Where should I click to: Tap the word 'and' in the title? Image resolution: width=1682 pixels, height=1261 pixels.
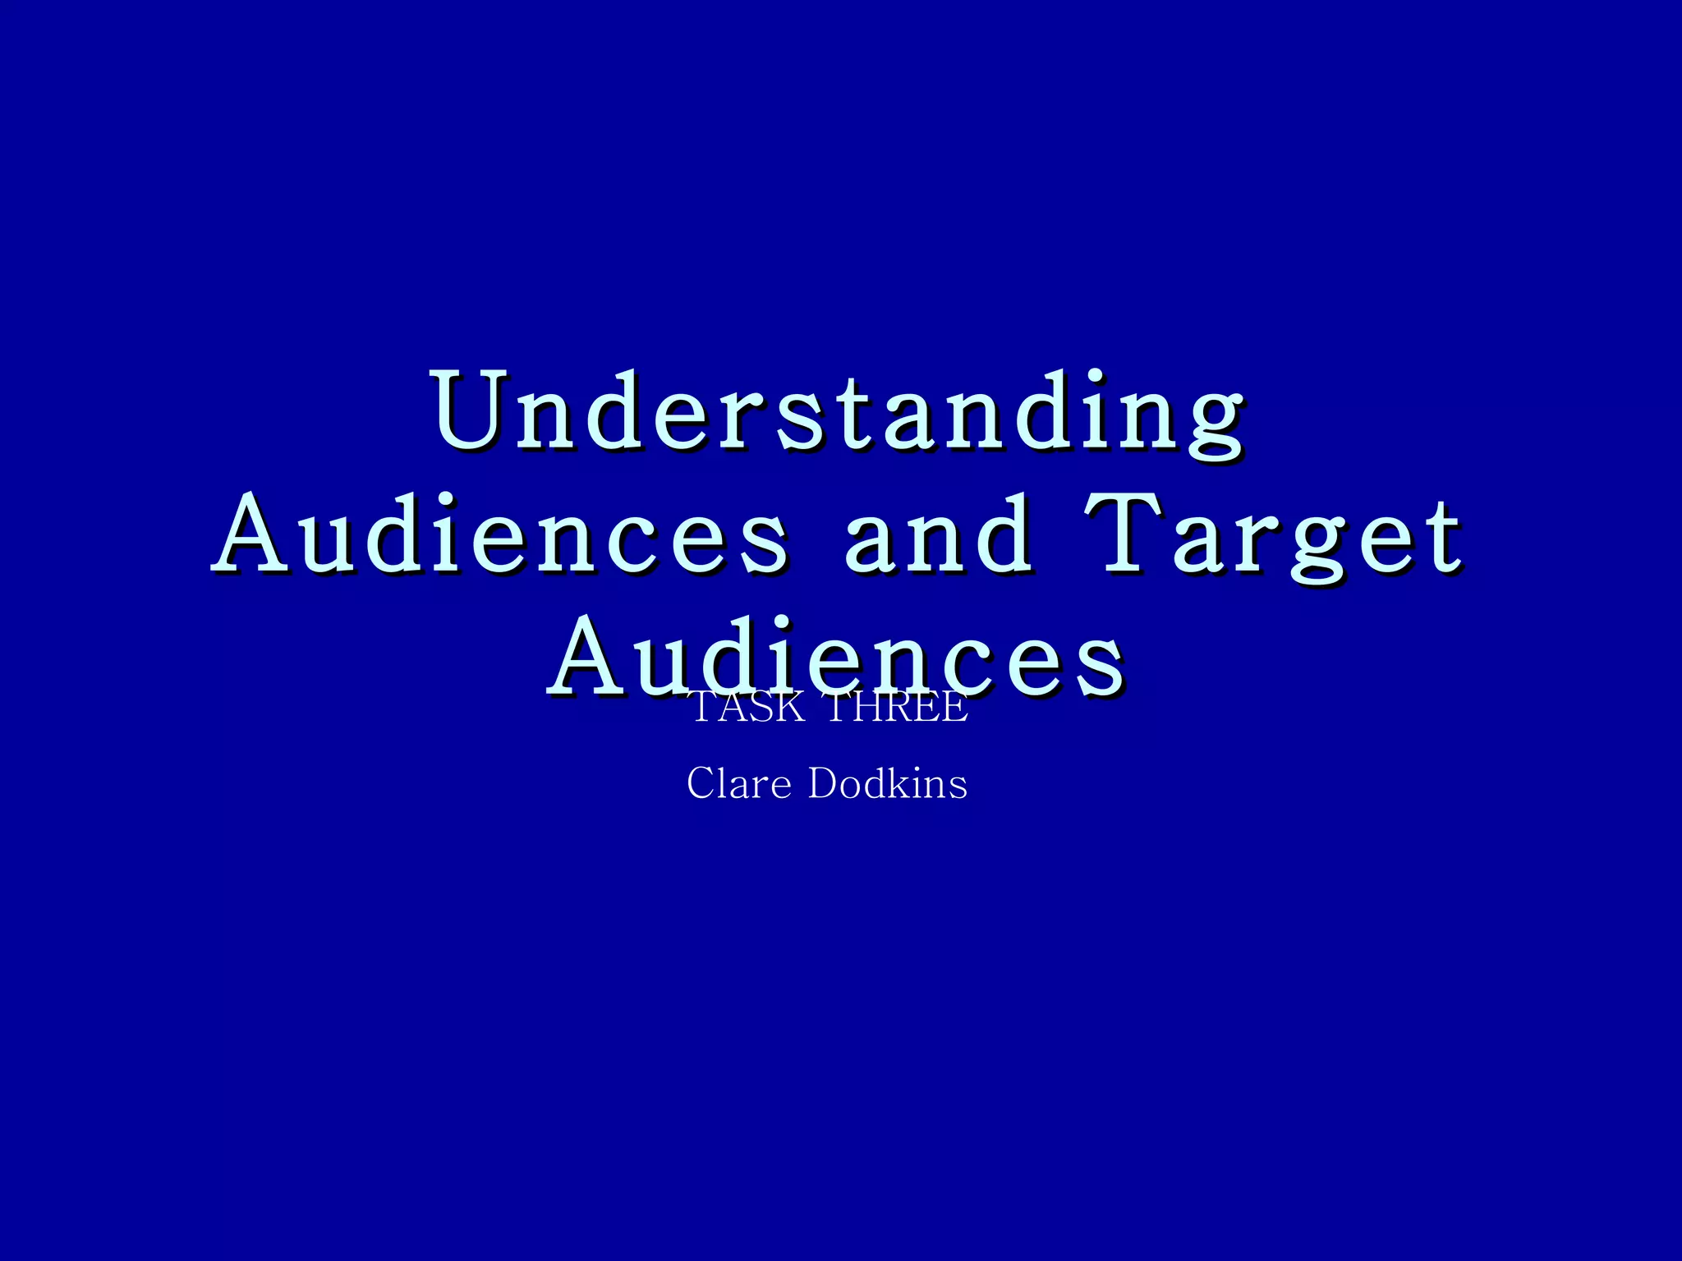point(939,535)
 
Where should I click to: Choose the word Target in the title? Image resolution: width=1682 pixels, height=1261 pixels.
point(1275,535)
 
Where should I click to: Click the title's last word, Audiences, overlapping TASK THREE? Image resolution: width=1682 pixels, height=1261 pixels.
point(838,658)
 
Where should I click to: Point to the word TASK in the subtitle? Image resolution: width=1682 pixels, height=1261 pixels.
point(748,708)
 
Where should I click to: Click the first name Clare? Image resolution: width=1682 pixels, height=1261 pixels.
point(738,783)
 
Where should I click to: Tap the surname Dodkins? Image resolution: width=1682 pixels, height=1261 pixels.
point(888,783)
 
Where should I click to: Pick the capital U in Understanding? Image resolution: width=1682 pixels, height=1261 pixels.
point(470,410)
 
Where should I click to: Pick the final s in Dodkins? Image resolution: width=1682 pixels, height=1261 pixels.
point(958,786)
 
